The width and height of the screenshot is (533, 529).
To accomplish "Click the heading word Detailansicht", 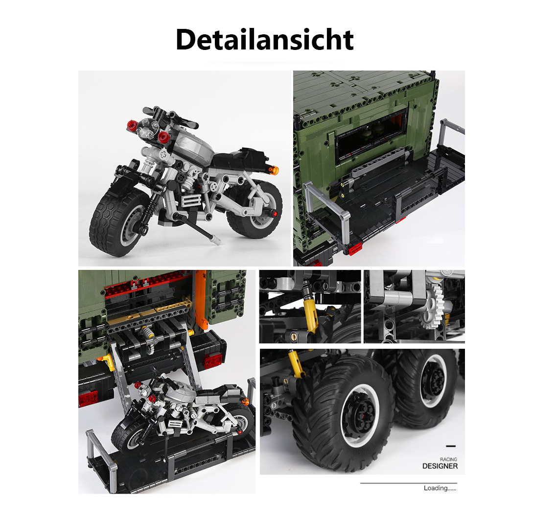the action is pos(265,40).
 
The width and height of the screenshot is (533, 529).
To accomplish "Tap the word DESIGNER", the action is pos(440,466).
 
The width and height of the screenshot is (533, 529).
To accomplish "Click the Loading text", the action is pos(440,488).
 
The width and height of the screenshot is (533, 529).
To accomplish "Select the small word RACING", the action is pos(448,459).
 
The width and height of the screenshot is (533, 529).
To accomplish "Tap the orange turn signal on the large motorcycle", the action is pos(274,170).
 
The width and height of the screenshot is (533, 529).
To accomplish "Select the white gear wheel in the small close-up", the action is pos(432,307).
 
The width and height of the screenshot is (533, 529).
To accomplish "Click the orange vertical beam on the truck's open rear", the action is pos(201,299).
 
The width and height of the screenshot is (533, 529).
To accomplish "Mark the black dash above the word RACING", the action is pos(451,446).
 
